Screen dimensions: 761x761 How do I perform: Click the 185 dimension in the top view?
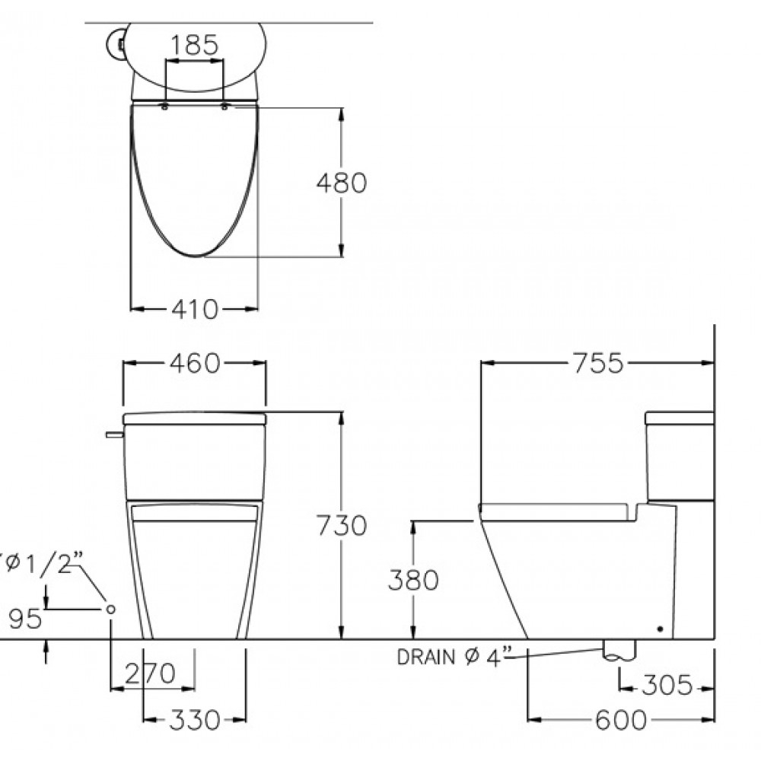195,45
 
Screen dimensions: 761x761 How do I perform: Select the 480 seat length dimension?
342,183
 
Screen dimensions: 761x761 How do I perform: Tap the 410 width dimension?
195,309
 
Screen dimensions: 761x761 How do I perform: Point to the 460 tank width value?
195,363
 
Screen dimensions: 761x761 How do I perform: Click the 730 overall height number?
342,525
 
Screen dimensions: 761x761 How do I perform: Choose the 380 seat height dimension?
413,579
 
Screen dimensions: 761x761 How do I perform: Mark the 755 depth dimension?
598,363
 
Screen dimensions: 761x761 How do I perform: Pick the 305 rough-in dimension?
667,685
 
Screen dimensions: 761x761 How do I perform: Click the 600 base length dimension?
621,720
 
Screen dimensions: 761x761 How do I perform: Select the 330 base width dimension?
195,720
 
